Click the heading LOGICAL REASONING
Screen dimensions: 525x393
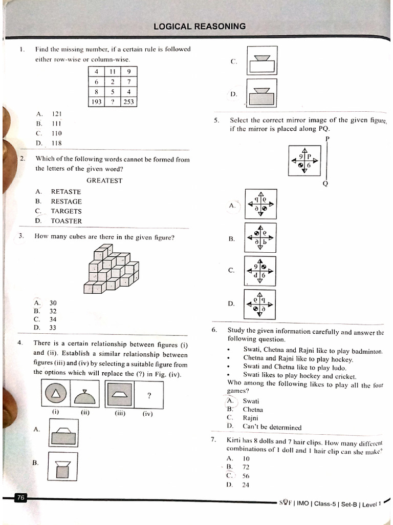(200, 26)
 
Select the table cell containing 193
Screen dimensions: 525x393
(96, 102)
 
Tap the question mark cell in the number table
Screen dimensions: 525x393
(112, 102)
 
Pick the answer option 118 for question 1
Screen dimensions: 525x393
(56, 143)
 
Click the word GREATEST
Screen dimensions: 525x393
(104, 180)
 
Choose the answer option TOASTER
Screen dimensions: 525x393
(66, 221)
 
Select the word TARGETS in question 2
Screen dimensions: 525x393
(66, 211)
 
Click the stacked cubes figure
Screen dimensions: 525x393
(112, 269)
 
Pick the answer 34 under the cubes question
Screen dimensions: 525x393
(53, 319)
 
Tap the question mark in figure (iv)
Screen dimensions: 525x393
(149, 395)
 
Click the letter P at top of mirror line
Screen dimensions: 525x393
(327, 139)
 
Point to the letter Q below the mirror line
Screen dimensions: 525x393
(325, 184)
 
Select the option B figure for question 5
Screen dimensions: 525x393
(260, 238)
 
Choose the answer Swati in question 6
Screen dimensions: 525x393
(251, 401)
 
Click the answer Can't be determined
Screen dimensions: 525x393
(272, 427)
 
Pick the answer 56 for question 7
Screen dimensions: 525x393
(246, 475)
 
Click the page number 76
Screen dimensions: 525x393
(20, 497)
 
